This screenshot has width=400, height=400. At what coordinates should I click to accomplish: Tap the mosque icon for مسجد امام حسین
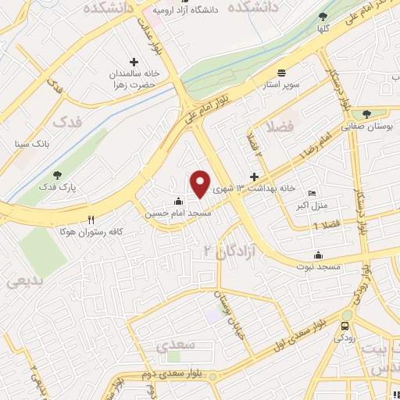tap(179, 199)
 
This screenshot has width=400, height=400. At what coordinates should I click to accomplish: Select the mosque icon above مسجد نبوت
tap(318, 255)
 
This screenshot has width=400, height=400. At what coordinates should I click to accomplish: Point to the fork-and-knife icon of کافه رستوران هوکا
tap(91, 220)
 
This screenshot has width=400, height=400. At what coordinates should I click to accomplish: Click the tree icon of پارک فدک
tap(55, 176)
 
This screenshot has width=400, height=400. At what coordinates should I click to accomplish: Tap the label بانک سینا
tap(32, 145)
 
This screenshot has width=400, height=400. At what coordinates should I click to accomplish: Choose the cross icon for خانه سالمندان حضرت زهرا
tap(133, 62)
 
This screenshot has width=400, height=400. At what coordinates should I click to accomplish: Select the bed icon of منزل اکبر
tap(312, 193)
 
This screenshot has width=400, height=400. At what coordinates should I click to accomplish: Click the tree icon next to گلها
tap(323, 17)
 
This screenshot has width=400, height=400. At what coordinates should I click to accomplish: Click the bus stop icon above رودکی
tap(345, 325)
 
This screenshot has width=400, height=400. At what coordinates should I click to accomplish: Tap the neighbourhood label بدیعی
tap(24, 281)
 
